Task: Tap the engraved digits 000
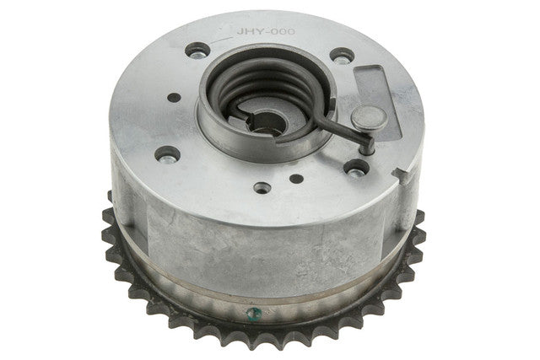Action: click(284, 32)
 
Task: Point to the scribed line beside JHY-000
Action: click(221, 40)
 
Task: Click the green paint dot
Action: click(254, 314)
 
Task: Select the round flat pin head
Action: click(370, 118)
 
